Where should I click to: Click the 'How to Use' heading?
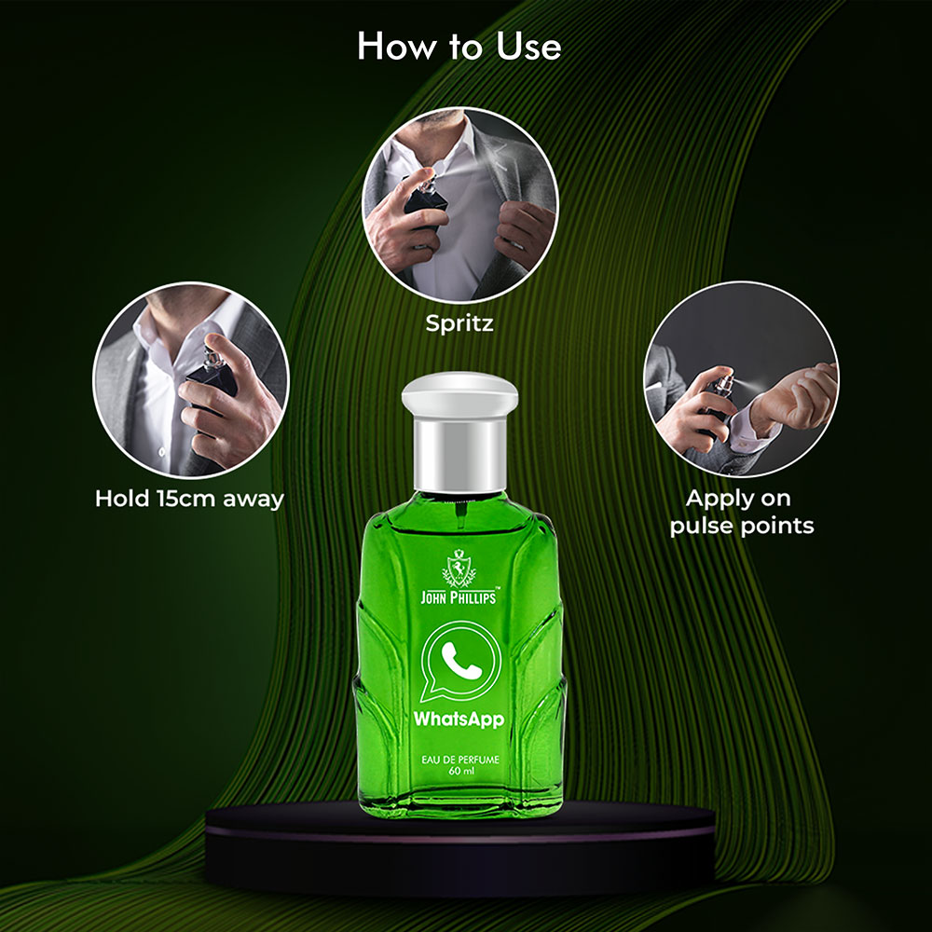tap(459, 47)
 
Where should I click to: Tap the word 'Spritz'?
tap(459, 323)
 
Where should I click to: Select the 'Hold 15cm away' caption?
tap(189, 498)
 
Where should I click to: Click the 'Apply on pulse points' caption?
tap(741, 512)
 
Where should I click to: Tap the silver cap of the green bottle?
tap(459, 432)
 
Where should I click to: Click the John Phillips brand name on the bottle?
tap(459, 596)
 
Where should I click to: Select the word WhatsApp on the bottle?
tap(459, 720)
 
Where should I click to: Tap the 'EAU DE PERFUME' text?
tap(460, 759)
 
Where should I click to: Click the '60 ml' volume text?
tap(461, 772)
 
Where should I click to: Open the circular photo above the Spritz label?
tap(460, 204)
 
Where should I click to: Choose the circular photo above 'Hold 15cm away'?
tap(191, 380)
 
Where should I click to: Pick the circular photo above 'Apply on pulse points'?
tap(741, 379)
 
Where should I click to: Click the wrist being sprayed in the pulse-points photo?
tap(790, 395)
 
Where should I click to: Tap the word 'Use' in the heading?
tap(528, 47)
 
